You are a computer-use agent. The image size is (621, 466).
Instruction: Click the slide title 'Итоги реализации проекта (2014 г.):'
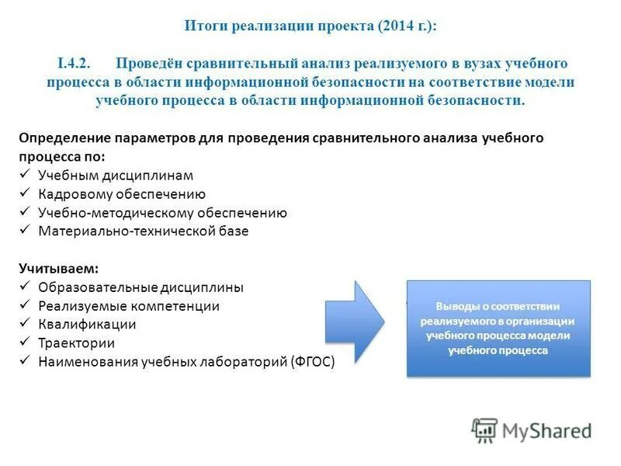click(310, 26)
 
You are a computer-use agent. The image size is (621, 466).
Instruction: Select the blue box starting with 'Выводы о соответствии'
click(498, 329)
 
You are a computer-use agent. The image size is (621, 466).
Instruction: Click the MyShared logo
click(532, 430)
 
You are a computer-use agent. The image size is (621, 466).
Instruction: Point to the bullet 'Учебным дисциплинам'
click(116, 176)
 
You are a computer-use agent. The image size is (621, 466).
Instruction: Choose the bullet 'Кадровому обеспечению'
click(122, 194)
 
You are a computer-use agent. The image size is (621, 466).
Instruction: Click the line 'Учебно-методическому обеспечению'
click(163, 213)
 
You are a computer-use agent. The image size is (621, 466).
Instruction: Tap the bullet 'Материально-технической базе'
click(144, 231)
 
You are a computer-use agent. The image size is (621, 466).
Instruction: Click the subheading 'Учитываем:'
click(58, 268)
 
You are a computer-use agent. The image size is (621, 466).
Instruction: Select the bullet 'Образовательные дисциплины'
click(141, 287)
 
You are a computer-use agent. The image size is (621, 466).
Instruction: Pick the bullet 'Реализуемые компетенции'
click(129, 306)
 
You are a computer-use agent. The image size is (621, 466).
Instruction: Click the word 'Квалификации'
click(87, 325)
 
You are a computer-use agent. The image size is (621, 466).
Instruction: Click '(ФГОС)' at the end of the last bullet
click(314, 362)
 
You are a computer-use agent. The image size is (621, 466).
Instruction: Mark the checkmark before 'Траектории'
click(24, 343)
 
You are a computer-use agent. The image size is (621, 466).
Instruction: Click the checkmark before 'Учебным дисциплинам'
click(24, 175)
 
